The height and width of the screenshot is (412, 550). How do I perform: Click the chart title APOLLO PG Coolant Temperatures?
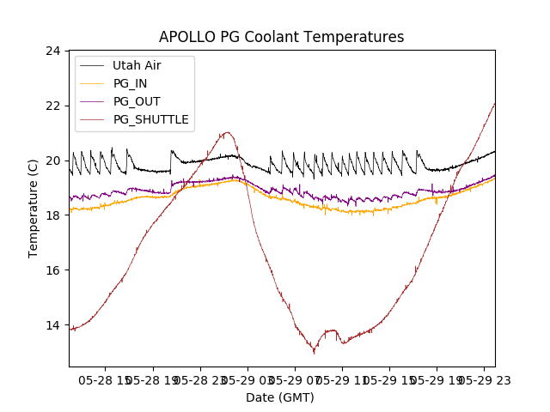(281, 37)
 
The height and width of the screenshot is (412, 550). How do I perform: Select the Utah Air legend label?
(137, 65)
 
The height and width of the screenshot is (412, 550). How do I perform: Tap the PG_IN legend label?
(130, 83)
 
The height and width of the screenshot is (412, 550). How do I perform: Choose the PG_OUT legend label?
(137, 101)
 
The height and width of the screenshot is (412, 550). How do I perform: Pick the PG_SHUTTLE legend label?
(150, 119)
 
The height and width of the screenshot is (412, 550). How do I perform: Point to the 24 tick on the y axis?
(53, 51)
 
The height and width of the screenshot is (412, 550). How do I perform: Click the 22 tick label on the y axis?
(53, 106)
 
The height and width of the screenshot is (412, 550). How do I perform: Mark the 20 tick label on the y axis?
(53, 161)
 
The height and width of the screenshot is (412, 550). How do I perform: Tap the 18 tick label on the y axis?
(53, 215)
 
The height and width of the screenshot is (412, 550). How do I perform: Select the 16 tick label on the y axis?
(53, 270)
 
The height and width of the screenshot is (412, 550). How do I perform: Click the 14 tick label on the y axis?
(53, 325)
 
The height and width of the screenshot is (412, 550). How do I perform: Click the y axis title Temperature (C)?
(34, 209)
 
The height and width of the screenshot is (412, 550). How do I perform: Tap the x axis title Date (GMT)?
(280, 397)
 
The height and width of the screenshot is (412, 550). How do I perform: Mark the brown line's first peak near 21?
(227, 132)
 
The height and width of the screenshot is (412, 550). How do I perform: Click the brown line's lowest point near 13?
(315, 352)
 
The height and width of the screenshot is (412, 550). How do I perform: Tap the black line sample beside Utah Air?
(92, 65)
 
